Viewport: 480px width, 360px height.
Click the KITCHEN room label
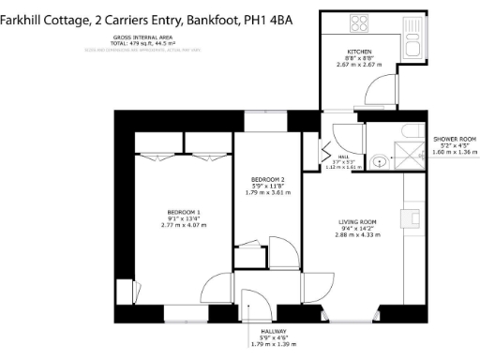click(359, 52)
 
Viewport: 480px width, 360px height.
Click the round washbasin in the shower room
click(379, 160)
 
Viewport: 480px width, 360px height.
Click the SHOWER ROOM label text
click(455, 139)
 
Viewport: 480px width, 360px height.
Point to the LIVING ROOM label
click(356, 221)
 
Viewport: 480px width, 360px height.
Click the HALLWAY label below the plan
click(265, 331)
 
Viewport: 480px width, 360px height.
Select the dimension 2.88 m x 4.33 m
click(356, 234)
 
